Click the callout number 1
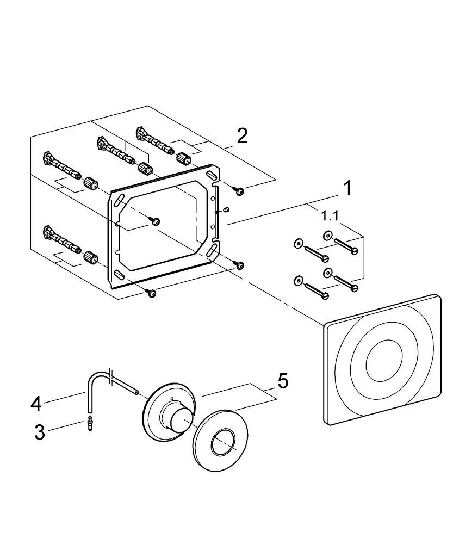[346, 189]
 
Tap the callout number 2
[242, 136]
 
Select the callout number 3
[39, 434]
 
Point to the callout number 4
[35, 404]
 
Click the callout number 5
[283, 381]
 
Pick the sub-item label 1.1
[330, 216]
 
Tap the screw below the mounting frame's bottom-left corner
[152, 293]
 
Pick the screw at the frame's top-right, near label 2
[238, 190]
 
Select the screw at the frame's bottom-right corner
[239, 265]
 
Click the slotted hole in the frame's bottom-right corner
[210, 254]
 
